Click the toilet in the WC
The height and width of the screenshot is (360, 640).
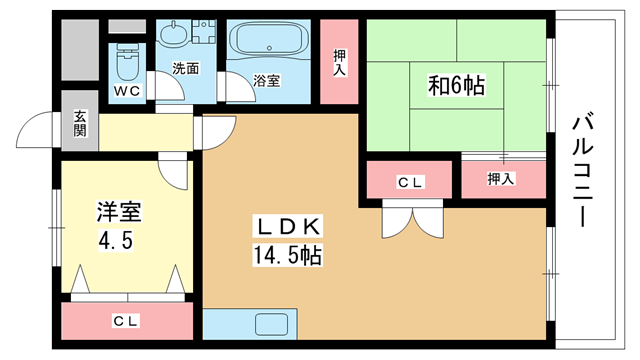point(127,62)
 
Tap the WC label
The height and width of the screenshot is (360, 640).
point(127,91)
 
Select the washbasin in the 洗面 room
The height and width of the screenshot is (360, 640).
point(174,33)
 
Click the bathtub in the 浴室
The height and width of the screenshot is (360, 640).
point(269,41)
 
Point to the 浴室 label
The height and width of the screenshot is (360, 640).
point(267,80)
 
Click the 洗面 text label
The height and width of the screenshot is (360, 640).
point(186,68)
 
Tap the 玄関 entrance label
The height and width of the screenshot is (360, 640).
point(80,123)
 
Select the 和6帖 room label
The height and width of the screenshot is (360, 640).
point(456,85)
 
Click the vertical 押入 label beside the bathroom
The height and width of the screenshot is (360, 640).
point(339,62)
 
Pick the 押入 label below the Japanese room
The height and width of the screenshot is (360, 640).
point(501,178)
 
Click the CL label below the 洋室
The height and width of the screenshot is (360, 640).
point(126,321)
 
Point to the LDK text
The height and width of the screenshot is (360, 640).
point(288,227)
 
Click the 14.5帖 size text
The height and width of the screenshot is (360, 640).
point(288,255)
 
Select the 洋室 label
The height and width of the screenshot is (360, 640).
point(119,211)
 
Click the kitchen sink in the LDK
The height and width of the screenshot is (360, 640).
point(271,324)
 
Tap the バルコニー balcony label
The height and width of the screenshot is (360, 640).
point(583,169)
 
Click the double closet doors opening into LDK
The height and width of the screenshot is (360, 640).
point(413,219)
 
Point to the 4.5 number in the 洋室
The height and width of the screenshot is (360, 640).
point(116,241)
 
